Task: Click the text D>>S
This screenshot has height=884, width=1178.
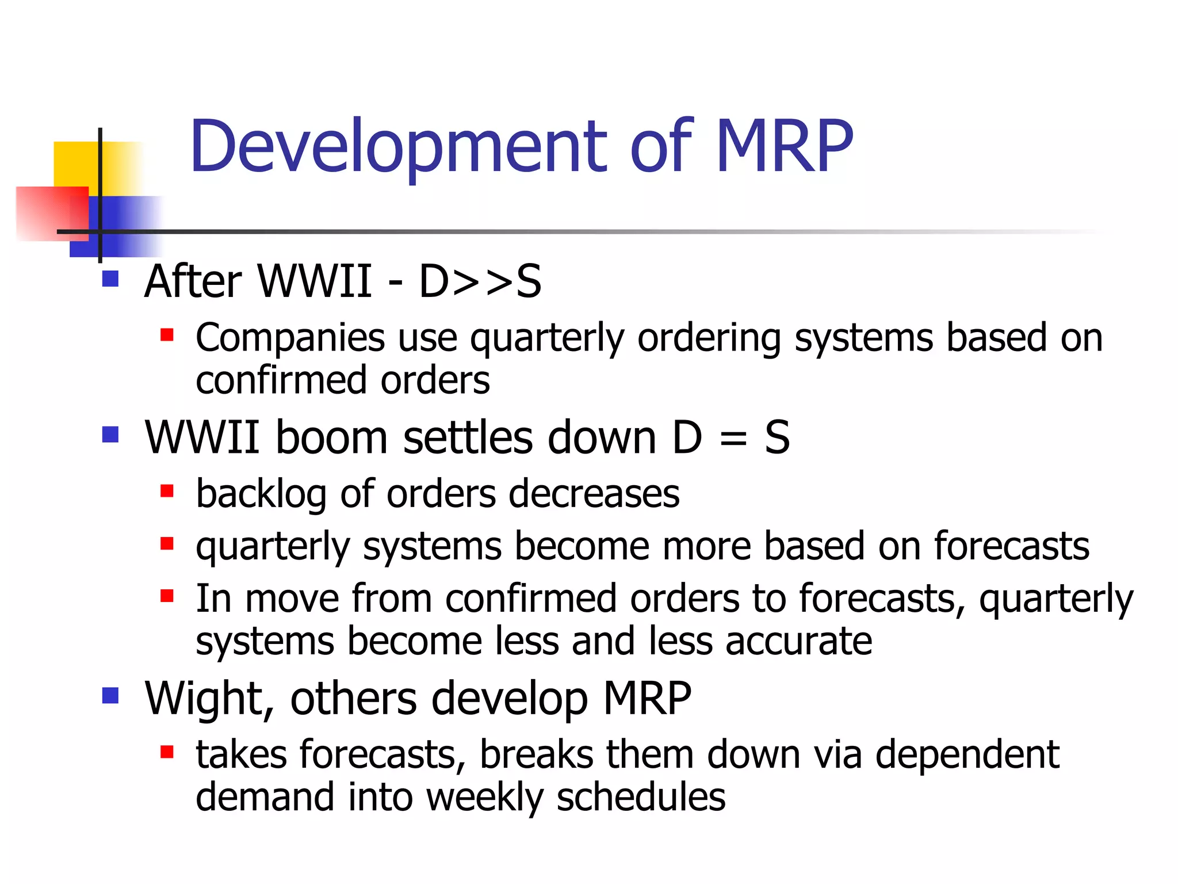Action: point(480,281)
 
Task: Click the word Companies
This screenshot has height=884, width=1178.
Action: point(290,338)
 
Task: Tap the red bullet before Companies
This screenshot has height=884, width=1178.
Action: point(167,335)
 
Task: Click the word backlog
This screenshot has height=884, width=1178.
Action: point(261,494)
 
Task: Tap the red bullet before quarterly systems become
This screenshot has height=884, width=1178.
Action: point(167,543)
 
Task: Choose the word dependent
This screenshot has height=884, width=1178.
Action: point(967,755)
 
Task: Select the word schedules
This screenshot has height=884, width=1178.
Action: point(641,798)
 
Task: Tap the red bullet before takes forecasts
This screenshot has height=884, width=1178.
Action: point(167,752)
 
